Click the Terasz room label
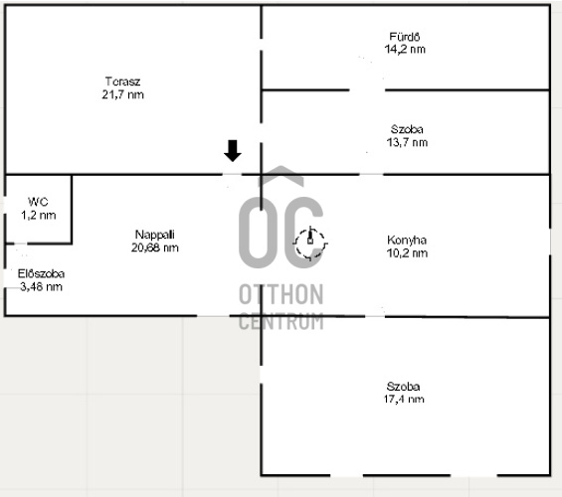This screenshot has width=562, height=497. [x=122, y=82]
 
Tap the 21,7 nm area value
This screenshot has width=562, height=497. [x=122, y=94]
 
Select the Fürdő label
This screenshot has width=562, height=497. [x=405, y=37]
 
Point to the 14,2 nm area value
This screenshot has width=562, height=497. [x=405, y=49]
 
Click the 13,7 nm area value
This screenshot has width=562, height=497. [x=407, y=142]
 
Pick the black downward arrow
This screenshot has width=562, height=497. [x=233, y=151]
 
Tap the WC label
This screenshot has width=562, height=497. [x=38, y=202]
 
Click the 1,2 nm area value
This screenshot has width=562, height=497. [x=39, y=215]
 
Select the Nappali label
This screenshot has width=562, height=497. [x=155, y=235]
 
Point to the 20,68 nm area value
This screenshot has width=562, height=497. [x=155, y=248]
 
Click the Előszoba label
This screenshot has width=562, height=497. [x=41, y=274]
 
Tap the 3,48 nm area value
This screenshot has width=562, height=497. [x=41, y=287]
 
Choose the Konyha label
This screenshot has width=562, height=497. [x=407, y=240]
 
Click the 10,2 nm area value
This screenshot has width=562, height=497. [x=407, y=253]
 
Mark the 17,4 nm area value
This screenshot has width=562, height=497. [x=404, y=399]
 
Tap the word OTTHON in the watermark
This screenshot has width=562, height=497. [x=281, y=294]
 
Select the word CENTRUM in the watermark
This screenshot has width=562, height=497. [x=281, y=321]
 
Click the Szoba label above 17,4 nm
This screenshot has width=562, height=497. [x=403, y=387]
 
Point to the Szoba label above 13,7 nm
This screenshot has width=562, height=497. [x=407, y=129]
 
